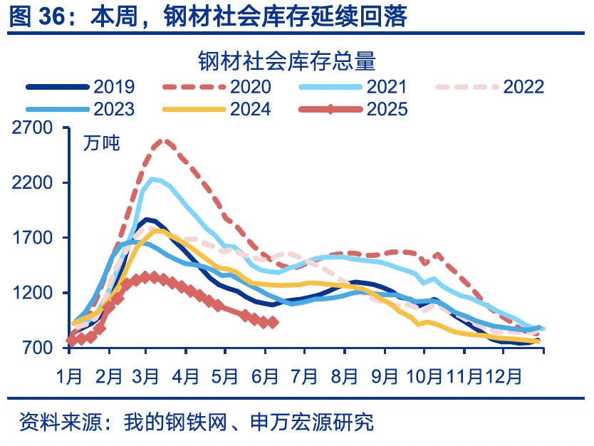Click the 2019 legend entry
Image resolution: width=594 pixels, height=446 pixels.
pyautogui.click(x=114, y=87)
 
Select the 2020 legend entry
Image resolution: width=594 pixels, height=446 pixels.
pyautogui.click(x=250, y=87)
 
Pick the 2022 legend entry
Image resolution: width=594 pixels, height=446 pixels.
pyautogui.click(x=523, y=87)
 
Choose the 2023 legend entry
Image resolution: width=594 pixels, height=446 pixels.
pyautogui.click(x=114, y=109)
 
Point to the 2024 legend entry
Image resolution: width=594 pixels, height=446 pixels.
pyautogui.click(x=250, y=109)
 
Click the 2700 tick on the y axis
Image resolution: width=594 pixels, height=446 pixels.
pyautogui.click(x=33, y=128)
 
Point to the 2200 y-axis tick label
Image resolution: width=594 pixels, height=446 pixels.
pyautogui.click(x=33, y=183)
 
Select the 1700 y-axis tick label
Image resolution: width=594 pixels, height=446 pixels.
pyautogui.click(x=33, y=238)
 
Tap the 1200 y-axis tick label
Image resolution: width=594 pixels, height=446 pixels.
pyautogui.click(x=33, y=293)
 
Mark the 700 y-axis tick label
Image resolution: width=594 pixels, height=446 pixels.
pyautogui.click(x=38, y=348)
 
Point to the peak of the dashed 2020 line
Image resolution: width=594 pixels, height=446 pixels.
pyautogui.click(x=165, y=140)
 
